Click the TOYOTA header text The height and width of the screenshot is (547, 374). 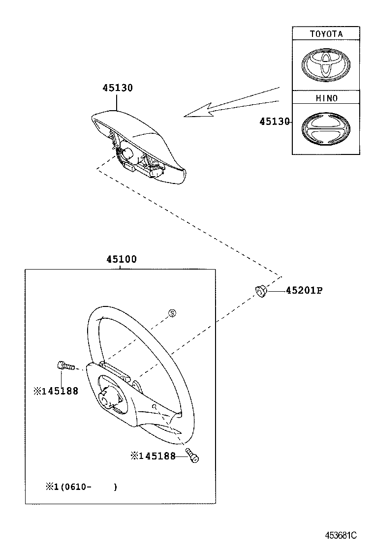[x=326, y=34]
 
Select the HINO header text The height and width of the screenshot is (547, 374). [x=326, y=98]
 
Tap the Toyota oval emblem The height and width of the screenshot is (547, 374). [x=325, y=64]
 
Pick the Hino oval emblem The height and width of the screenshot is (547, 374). [x=325, y=129]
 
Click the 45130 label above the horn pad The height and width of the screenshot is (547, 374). [x=117, y=88]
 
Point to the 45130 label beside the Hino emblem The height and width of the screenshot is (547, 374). [x=275, y=122]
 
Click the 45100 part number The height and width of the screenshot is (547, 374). [x=121, y=260]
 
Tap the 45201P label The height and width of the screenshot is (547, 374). [x=304, y=291]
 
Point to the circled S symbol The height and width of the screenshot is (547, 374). [x=172, y=313]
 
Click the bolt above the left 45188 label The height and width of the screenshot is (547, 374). [x=63, y=365]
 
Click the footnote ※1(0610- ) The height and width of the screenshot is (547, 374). [x=81, y=487]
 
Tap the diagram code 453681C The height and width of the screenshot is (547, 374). [x=340, y=535]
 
